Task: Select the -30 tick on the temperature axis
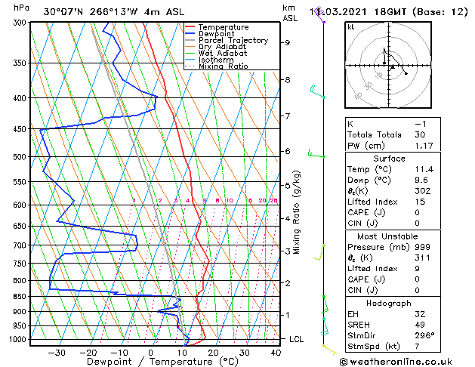[x=57, y=352]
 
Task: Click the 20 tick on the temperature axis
[x=213, y=352]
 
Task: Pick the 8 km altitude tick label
[x=287, y=80]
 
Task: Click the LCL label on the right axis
[x=296, y=340]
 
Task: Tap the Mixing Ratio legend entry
[x=223, y=66]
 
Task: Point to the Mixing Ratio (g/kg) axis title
[x=298, y=212]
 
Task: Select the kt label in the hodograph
[x=350, y=26]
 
